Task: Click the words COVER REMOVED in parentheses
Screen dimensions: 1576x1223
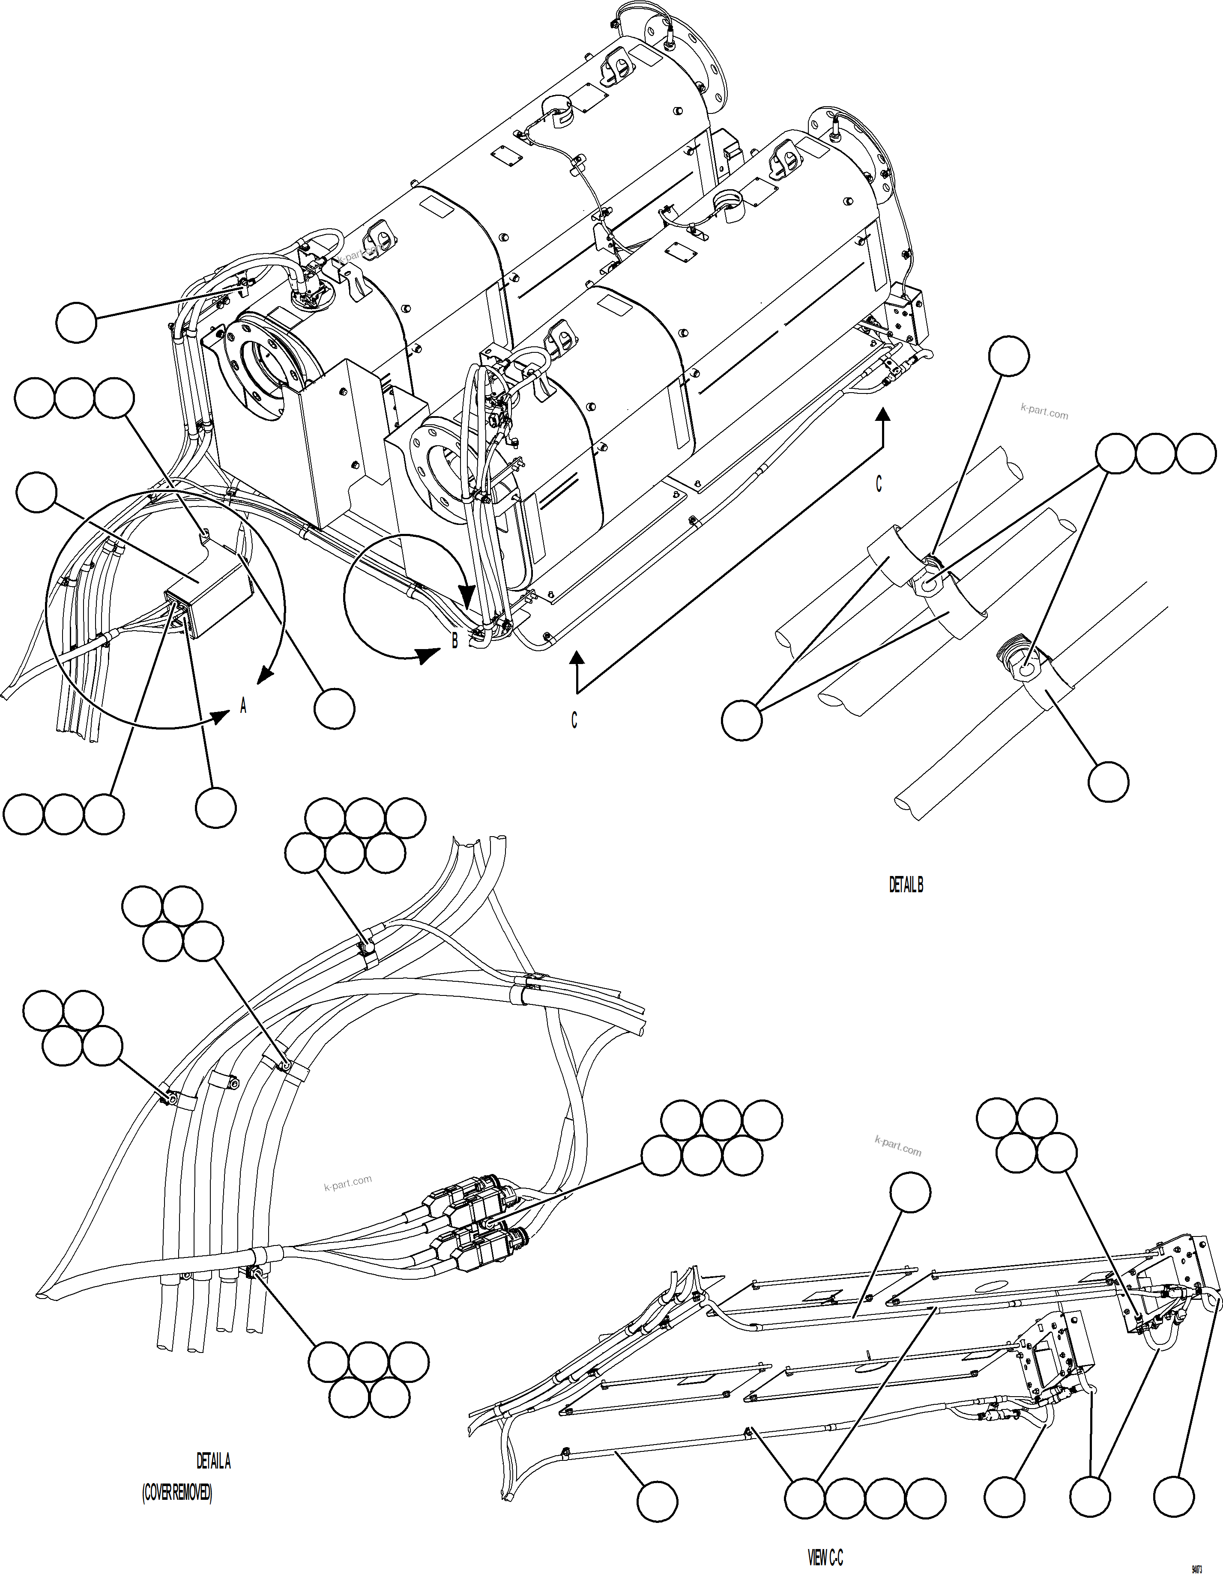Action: tap(177, 1493)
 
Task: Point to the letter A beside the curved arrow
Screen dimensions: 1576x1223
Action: tap(243, 706)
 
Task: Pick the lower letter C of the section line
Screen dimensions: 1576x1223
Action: tap(574, 720)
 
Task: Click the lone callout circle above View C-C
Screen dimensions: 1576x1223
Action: tap(910, 1192)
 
